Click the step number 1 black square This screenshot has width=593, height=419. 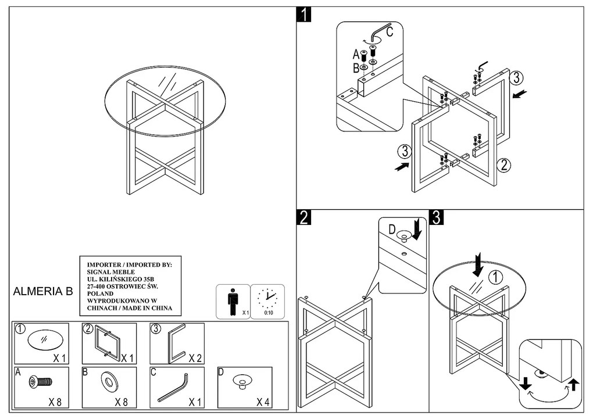click(304, 14)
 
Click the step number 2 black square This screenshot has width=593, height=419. click(304, 218)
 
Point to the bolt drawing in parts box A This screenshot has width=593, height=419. click(41, 382)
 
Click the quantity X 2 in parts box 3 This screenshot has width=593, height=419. click(193, 358)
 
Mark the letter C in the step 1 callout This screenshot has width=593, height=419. click(389, 33)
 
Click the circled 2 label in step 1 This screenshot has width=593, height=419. click(504, 164)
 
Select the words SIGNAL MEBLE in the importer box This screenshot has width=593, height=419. click(110, 271)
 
